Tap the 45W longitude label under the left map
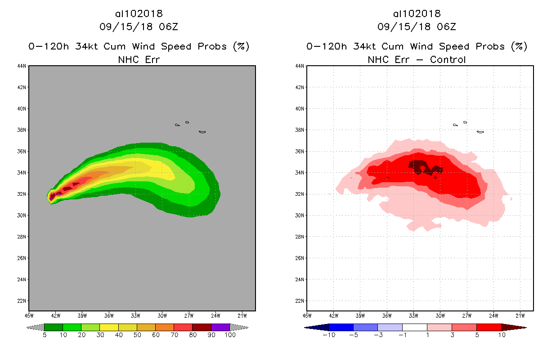pyautogui.click(x=29, y=315)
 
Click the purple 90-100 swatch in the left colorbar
pyautogui.click(x=220, y=327)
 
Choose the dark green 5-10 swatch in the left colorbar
pyautogui.click(x=53, y=327)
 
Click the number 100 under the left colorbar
pyautogui.click(x=230, y=335)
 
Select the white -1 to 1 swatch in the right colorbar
pyautogui.click(x=414, y=327)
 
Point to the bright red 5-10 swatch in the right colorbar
pyautogui.click(x=489, y=327)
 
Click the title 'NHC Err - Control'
pyautogui.click(x=417, y=59)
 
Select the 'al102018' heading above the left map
pyautogui.click(x=139, y=14)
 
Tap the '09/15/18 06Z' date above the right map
pyautogui.click(x=417, y=27)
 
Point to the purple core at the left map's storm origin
pyautogui.click(x=58, y=193)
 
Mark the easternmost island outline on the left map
pyautogui.click(x=202, y=132)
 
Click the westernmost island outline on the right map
pyautogui.click(x=455, y=125)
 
